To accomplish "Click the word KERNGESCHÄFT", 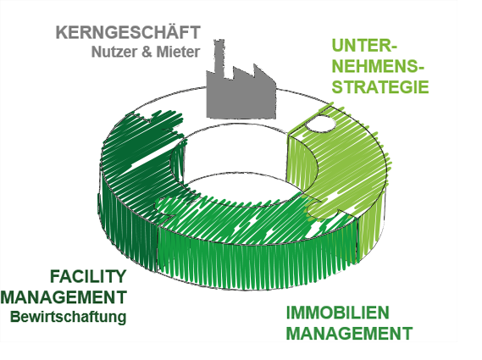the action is pyautogui.click(x=128, y=32).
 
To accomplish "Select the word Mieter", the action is pyautogui.click(x=178, y=52).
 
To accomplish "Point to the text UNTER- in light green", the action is pyautogui.click(x=364, y=46).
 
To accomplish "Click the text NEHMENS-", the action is pyautogui.click(x=378, y=66).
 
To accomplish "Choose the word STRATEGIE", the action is pyautogui.click(x=380, y=87).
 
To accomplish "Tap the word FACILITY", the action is pyautogui.click(x=88, y=276).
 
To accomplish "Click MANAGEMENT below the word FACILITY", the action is pyautogui.click(x=64, y=296).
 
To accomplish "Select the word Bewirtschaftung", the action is pyautogui.click(x=69, y=316).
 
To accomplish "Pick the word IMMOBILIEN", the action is pyautogui.click(x=338, y=313).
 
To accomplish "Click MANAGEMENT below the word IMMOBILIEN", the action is pyautogui.click(x=350, y=333).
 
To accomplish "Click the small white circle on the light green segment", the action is pyautogui.click(x=320, y=124).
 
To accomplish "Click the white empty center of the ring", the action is pyautogui.click(x=240, y=153).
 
